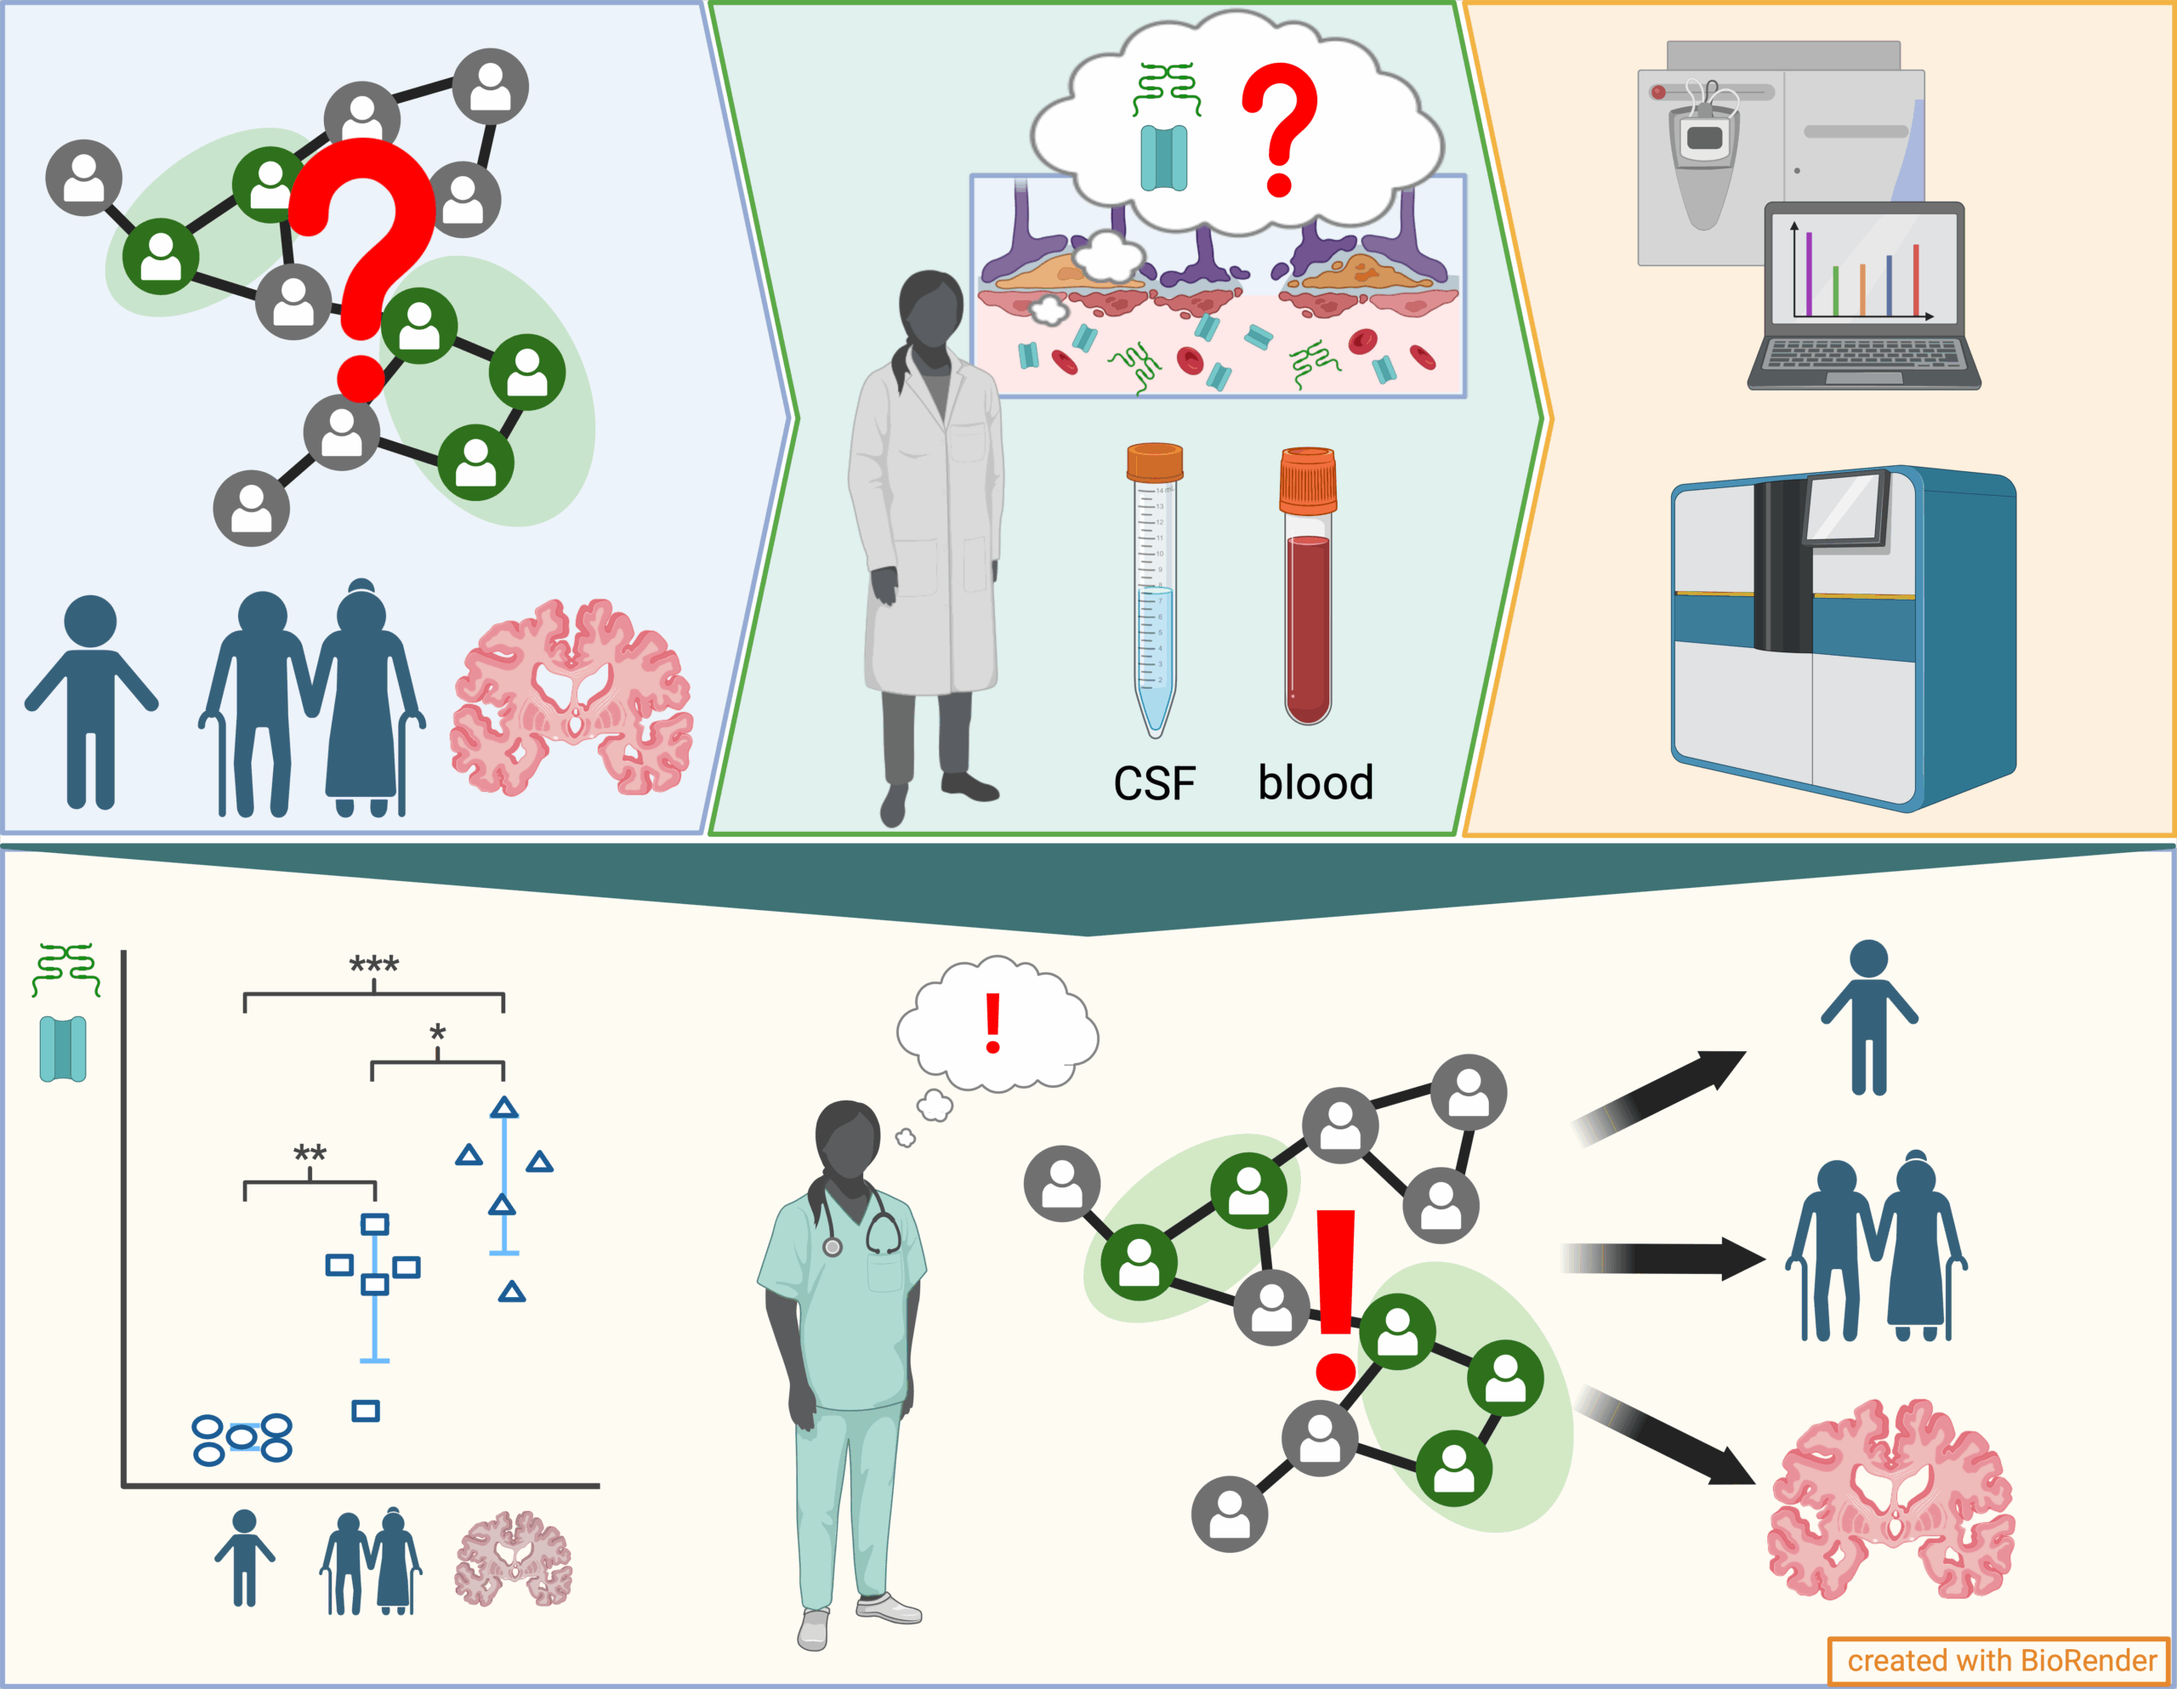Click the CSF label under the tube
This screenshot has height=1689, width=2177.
[1153, 783]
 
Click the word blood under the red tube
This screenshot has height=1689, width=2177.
[1315, 782]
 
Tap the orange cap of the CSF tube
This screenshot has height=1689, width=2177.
[1154, 463]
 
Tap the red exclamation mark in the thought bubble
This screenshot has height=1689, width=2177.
[992, 1023]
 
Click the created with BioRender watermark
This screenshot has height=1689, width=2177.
[2001, 1660]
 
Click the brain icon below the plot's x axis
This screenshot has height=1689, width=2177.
[514, 1558]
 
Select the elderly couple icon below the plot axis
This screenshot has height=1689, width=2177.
[371, 1561]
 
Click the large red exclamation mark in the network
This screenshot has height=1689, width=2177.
[1336, 1296]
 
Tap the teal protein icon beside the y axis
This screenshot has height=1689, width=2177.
[63, 1049]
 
